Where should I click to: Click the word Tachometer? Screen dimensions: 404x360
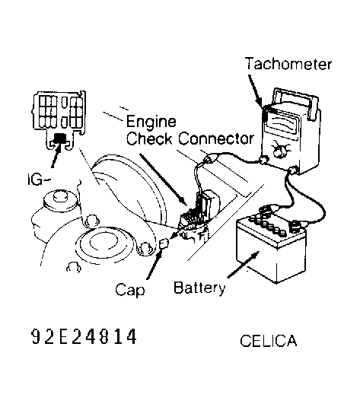[288, 63]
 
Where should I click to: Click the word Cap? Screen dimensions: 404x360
[129, 289]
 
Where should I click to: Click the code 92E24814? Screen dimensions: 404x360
[84, 336]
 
